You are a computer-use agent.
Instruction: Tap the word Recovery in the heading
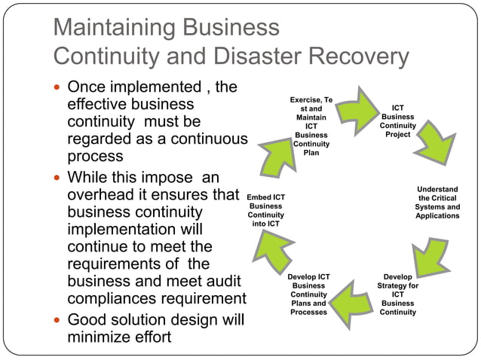(364, 56)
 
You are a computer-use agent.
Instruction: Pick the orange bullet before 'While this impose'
(59, 178)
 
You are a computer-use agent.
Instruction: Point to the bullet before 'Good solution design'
(59, 320)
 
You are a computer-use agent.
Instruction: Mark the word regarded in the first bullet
(101, 139)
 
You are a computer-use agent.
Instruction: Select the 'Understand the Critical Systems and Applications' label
(437, 203)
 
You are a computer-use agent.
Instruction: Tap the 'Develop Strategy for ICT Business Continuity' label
(397, 294)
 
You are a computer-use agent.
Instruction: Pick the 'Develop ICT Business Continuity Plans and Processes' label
(308, 294)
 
